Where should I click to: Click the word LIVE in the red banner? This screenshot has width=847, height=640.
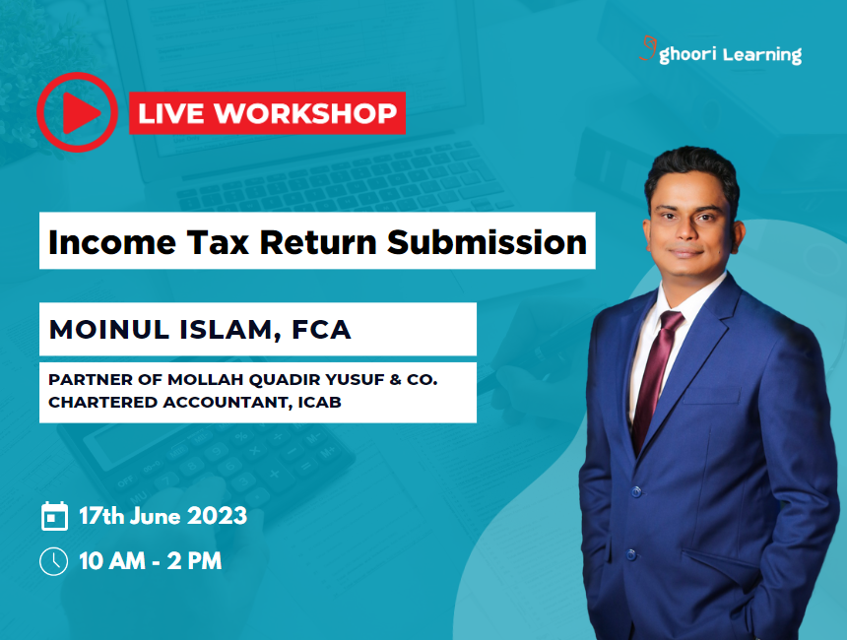coord(170,114)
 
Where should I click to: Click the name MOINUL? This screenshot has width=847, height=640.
coord(108,330)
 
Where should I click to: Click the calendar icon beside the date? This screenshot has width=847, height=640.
coord(54,516)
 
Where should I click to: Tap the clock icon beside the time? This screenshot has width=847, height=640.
coord(53,561)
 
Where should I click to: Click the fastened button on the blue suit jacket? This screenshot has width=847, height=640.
coord(636,489)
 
